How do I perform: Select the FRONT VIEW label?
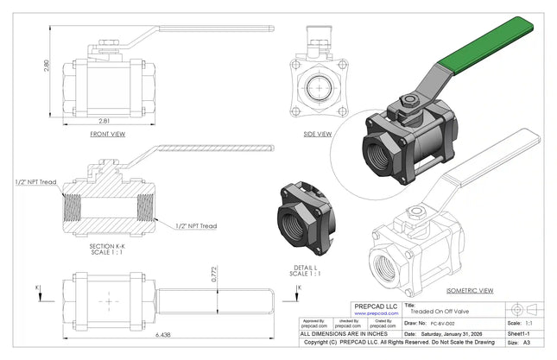tap(108, 135)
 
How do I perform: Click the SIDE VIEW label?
tap(318, 134)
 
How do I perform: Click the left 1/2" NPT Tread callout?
tap(35, 183)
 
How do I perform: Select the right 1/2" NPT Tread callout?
tap(196, 226)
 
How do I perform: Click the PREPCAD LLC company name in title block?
tap(378, 306)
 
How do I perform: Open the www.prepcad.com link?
tap(378, 314)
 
